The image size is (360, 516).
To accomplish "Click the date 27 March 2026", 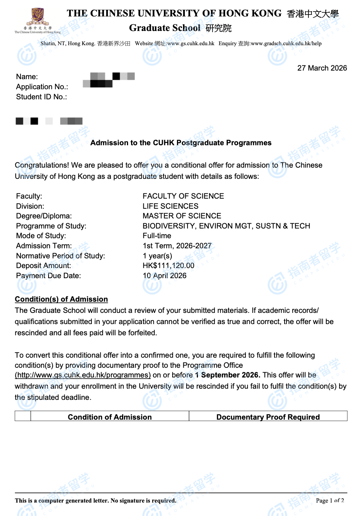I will [x=322, y=68].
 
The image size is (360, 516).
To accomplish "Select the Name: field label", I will [x=27, y=77].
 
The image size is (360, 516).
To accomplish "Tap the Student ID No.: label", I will [x=41, y=97].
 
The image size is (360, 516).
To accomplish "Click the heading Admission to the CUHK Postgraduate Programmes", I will [x=181, y=143].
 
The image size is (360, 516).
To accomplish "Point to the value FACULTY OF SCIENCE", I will [x=183, y=196].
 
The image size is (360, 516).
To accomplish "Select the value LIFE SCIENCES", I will [x=170, y=206].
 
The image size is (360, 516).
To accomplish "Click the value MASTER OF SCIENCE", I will [x=182, y=216].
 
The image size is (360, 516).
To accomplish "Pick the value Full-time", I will [x=157, y=236].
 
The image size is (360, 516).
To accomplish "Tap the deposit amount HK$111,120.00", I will [x=168, y=265].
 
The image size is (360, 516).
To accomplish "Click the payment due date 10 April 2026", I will [x=164, y=276].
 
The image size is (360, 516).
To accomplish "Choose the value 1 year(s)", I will [x=157, y=256].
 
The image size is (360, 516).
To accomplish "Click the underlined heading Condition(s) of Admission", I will [x=61, y=299].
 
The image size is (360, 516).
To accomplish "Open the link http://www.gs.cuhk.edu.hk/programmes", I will [x=83, y=375].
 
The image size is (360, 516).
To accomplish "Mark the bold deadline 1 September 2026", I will [x=227, y=375].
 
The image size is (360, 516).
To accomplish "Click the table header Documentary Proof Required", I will [x=268, y=417].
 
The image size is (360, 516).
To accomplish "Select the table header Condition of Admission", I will [x=109, y=417].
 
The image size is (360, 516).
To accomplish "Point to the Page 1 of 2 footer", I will [x=330, y=501].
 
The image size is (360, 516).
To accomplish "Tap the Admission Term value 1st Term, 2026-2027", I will [x=177, y=246].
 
